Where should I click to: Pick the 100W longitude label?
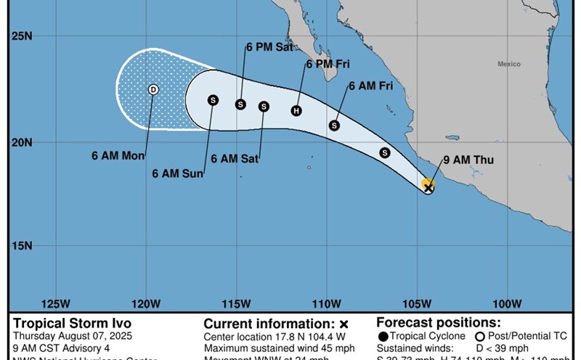pos(506,303)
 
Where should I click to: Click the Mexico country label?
pos(508,65)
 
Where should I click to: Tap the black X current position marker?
pos(428,188)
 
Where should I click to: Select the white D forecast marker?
pos(153,89)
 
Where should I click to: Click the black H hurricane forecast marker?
pos(296,110)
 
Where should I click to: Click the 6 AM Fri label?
pos(370,86)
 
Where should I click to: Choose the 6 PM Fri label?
pos(328,65)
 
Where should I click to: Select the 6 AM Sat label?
pos(235,157)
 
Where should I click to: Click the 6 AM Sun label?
pos(177,173)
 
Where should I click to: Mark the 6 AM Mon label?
pos(118,155)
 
